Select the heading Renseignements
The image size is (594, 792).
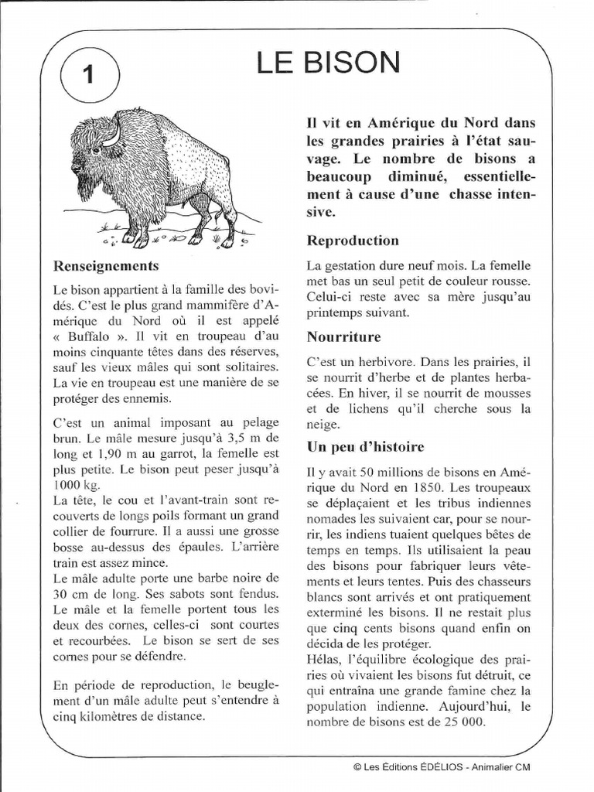point(105,266)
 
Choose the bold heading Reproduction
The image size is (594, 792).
point(353,241)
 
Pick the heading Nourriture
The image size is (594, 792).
point(343,337)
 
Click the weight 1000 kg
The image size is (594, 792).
point(77,484)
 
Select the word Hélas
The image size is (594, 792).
point(325,660)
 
